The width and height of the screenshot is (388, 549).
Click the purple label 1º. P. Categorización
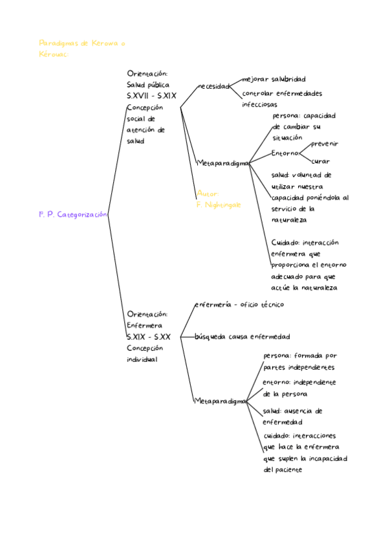tap(72, 214)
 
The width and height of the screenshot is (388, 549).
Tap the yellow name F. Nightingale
tap(219, 205)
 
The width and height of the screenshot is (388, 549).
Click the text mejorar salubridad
tap(274, 79)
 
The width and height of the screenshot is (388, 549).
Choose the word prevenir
tap(325, 144)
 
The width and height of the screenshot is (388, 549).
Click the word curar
tap(320, 161)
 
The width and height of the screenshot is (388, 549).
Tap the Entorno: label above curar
tap(285, 153)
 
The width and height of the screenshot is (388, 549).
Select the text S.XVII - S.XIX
tap(151, 95)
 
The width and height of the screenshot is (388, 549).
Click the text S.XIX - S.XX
tap(149, 337)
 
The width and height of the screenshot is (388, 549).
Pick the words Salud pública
tap(148, 84)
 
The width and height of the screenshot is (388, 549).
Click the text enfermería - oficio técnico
tap(239, 304)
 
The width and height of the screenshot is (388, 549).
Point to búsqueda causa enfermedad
tap(242, 337)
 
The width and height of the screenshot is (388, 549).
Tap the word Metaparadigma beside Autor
tap(223, 164)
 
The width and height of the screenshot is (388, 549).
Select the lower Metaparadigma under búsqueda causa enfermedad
tap(221, 401)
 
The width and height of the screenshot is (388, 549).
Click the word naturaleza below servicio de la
tap(289, 220)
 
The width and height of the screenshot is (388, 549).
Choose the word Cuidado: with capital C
tap(286, 243)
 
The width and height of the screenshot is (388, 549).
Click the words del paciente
tap(283, 470)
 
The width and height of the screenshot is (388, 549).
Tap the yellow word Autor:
tap(208, 194)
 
